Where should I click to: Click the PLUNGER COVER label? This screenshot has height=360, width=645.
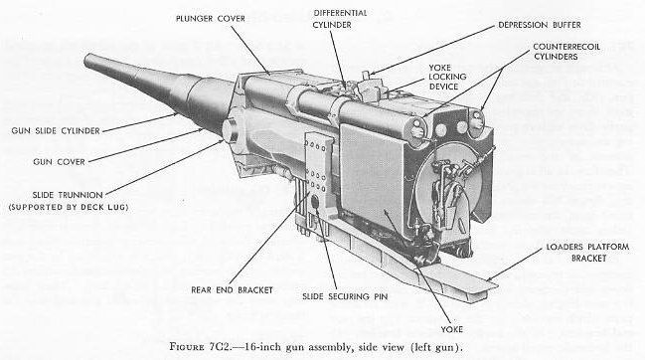(211, 19)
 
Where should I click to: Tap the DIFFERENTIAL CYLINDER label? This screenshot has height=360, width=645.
(340, 19)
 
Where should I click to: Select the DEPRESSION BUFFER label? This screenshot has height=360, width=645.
(540, 25)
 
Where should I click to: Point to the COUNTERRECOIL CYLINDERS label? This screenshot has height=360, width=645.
(566, 52)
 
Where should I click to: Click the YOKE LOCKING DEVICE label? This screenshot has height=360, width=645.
(447, 77)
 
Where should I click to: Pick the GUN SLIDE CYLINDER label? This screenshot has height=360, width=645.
(56, 131)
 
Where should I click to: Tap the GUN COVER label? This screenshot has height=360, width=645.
(59, 162)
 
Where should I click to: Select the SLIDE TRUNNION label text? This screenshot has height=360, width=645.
(68, 195)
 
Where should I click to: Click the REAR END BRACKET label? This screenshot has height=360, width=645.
(232, 290)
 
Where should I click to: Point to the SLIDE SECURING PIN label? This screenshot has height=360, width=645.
(345, 296)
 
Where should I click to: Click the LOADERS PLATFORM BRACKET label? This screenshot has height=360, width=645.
(587, 253)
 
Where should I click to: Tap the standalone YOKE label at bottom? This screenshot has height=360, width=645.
(451, 329)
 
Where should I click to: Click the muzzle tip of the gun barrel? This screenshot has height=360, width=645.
(86, 61)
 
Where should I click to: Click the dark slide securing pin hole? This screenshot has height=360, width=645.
(315, 202)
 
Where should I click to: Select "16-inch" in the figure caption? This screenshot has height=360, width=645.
(259, 347)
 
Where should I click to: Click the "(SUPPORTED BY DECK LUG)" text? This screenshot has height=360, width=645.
(69, 207)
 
